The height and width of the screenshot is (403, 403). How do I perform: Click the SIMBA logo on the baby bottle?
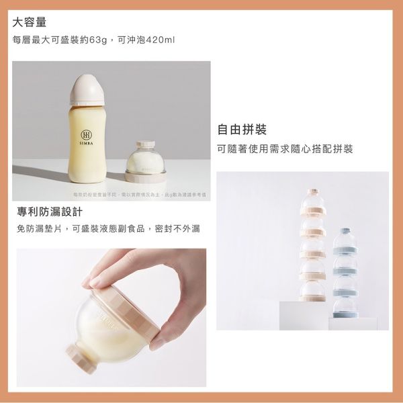point(86,136)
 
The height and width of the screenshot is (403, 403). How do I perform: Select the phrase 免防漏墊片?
point(37,229)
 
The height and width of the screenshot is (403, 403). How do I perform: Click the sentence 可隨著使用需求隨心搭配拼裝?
point(285,148)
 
